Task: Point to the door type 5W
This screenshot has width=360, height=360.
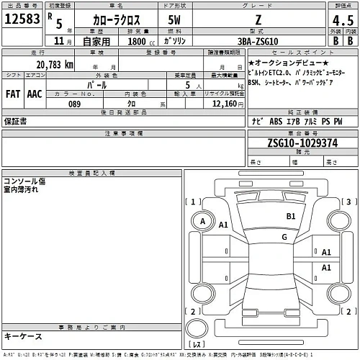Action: pyautogui.click(x=174, y=22)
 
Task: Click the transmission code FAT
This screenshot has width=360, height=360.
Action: pyautogui.click(x=13, y=93)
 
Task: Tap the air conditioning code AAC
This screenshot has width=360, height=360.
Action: pyautogui.click(x=34, y=93)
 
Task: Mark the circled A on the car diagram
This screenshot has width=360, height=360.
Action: pyautogui.click(x=204, y=220)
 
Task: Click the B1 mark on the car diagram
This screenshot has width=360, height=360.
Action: pyautogui.click(x=292, y=216)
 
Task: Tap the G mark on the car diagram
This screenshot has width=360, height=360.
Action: pyautogui.click(x=284, y=236)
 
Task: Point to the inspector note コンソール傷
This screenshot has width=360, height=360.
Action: pyautogui.click(x=26, y=181)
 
